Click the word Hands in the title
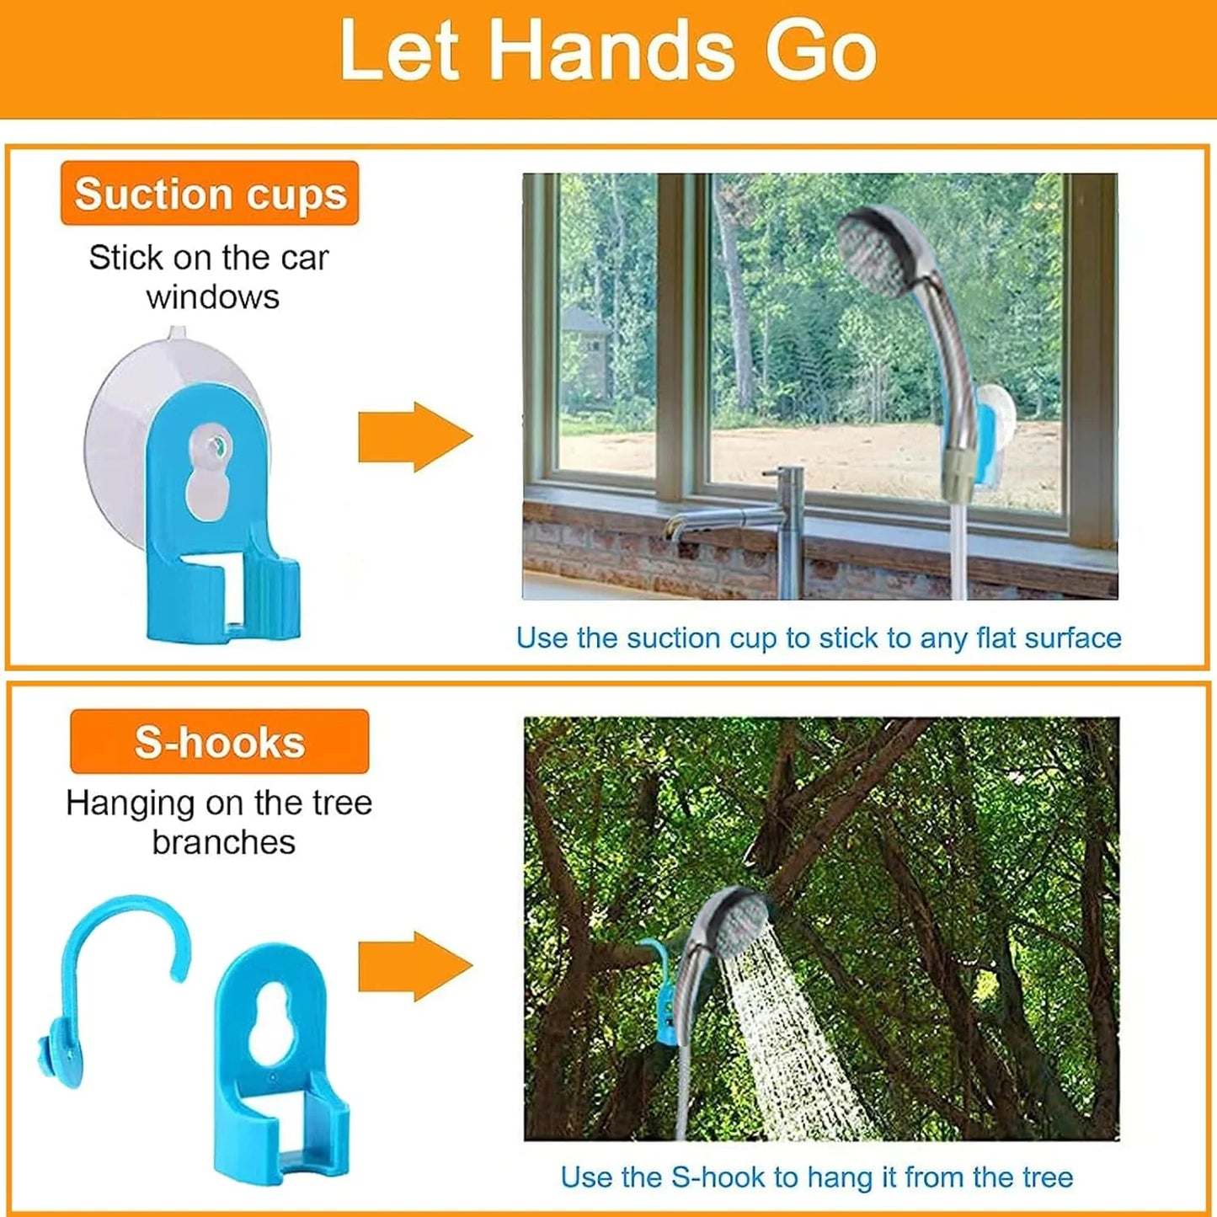[611, 52]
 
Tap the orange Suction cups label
[210, 194]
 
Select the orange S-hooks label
[219, 742]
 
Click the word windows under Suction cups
[212, 297]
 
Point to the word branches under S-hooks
[223, 842]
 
